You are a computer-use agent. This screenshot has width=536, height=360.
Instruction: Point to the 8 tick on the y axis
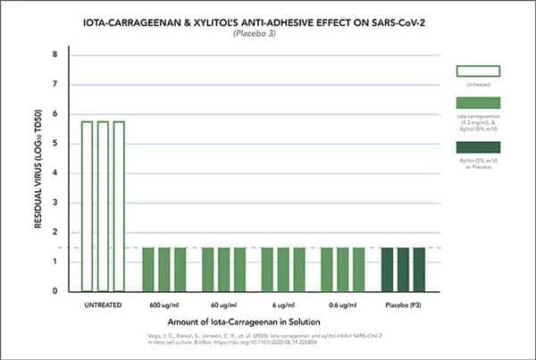tap(54, 54)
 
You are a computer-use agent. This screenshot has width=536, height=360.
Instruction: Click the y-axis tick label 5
tap(54, 143)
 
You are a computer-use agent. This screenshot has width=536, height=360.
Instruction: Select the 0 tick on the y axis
tap(54, 291)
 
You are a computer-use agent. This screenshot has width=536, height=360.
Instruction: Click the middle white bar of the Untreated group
tap(103, 205)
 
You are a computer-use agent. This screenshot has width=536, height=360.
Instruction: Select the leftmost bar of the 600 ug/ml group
tap(148, 269)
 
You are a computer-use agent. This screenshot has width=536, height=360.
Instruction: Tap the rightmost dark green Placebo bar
tap(419, 269)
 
